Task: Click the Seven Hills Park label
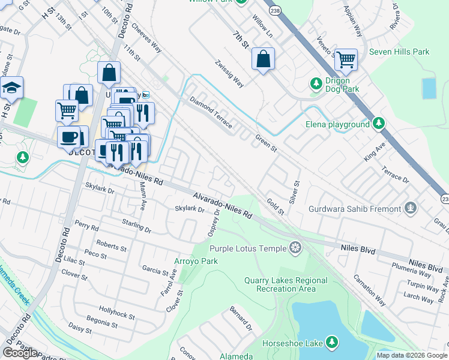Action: point(399,52)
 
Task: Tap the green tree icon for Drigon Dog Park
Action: point(316,83)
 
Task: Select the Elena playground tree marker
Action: point(378,124)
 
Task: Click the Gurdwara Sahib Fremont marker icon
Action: point(411,209)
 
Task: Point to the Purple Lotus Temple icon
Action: point(295,248)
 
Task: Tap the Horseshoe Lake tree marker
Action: point(331,343)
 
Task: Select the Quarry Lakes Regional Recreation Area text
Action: point(286,284)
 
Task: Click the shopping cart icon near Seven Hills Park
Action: point(346,59)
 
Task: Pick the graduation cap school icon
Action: point(11,88)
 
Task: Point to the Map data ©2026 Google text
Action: point(411,355)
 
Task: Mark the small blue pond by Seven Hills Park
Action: point(429,88)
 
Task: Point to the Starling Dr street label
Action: point(135,226)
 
